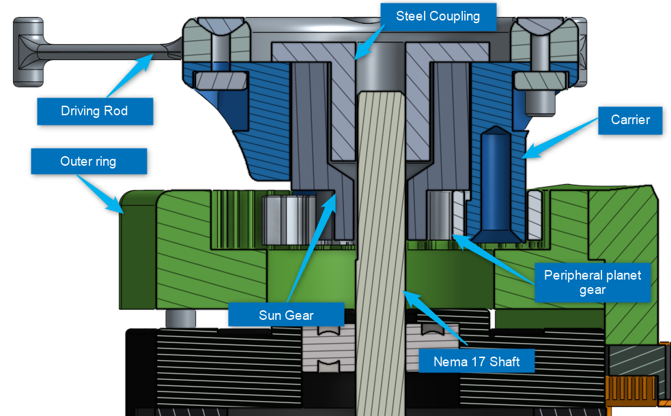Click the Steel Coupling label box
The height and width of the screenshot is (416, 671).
438,16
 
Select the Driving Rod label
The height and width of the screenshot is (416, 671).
95,111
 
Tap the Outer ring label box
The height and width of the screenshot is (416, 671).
89,161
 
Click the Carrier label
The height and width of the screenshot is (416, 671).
630,120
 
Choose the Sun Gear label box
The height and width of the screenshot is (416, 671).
286,315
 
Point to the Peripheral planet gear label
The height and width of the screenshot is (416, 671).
593,282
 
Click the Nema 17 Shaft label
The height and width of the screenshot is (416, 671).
476,361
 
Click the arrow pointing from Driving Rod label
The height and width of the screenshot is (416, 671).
130,76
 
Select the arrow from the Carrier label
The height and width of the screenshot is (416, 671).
560,138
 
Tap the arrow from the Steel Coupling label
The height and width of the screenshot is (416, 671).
369,42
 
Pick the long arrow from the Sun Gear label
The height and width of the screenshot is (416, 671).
311,248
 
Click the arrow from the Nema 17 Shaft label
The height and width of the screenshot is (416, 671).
436,318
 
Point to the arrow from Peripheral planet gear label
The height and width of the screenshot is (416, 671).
494,259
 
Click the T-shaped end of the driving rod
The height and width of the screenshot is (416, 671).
28,52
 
